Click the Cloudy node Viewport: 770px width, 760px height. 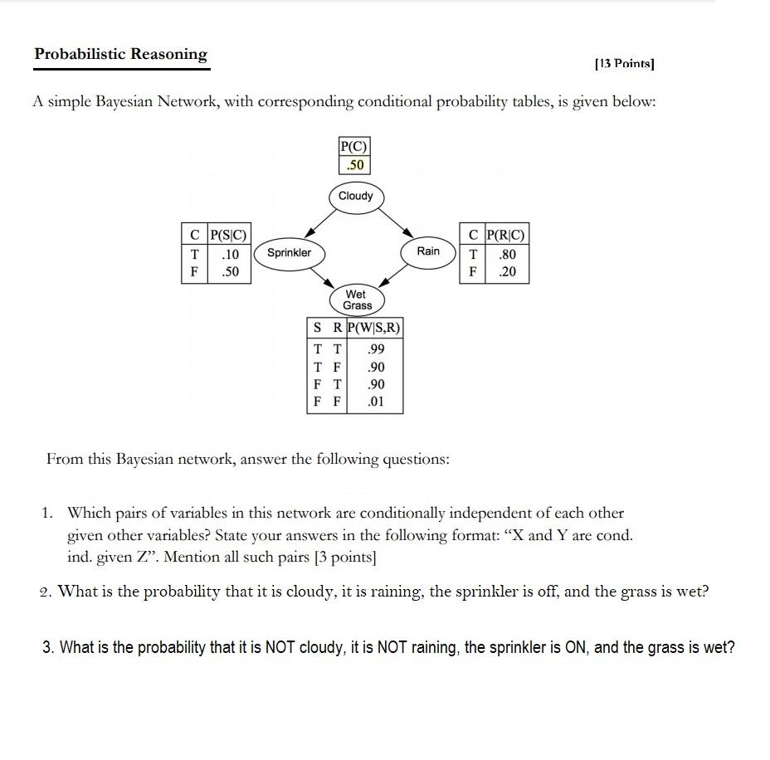[356, 196]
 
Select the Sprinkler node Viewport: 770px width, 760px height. [289, 252]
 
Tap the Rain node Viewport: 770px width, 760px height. [428, 251]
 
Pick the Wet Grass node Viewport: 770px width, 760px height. [357, 300]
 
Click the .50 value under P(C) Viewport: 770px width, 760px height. [354, 165]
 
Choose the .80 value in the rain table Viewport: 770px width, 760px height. [506, 253]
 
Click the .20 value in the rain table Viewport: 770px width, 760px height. [506, 271]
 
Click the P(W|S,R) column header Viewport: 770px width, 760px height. [373, 328]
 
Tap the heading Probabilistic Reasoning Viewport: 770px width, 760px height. [121, 55]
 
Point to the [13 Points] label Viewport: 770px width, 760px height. [625, 63]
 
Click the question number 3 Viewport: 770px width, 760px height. [48, 648]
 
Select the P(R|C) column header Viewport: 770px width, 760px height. [506, 235]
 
